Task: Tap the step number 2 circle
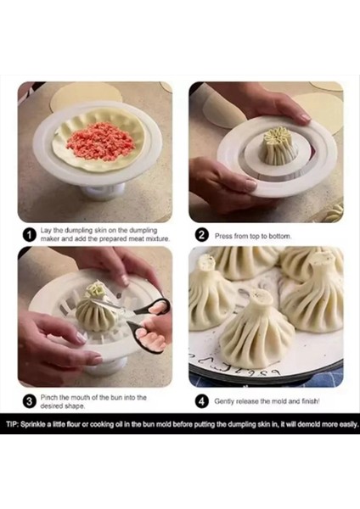click(202, 234)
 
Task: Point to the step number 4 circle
click(202, 401)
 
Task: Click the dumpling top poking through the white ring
click(277, 145)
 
